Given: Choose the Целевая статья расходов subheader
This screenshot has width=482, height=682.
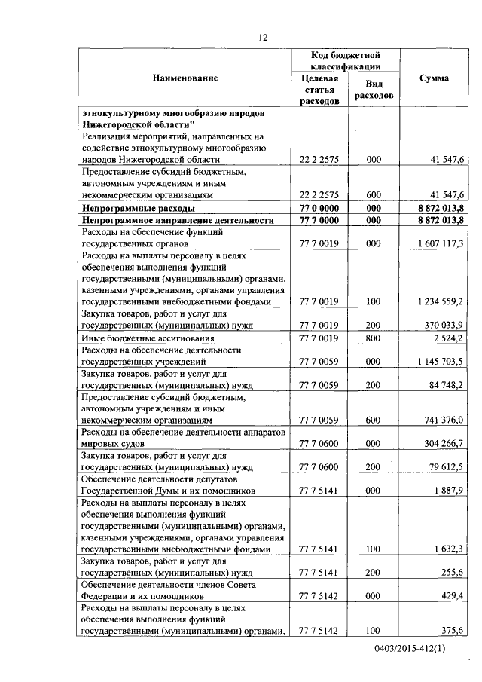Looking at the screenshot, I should coord(319,90).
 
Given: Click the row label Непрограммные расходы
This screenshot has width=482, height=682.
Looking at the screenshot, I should coord(139,206).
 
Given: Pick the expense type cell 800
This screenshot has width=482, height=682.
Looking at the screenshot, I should coord(373,338).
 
